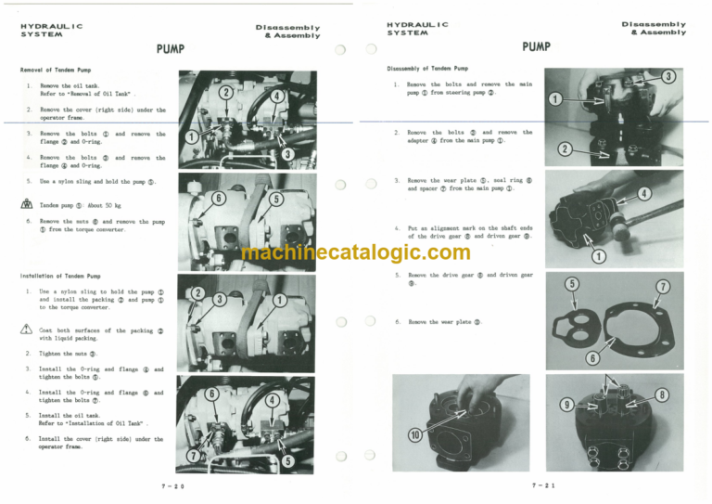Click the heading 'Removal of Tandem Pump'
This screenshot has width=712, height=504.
56,70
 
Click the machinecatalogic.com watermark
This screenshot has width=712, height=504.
356,252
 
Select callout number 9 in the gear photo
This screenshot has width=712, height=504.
566,405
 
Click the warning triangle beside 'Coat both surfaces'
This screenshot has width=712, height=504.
28,330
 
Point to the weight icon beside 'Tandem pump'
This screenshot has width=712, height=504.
28,204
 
